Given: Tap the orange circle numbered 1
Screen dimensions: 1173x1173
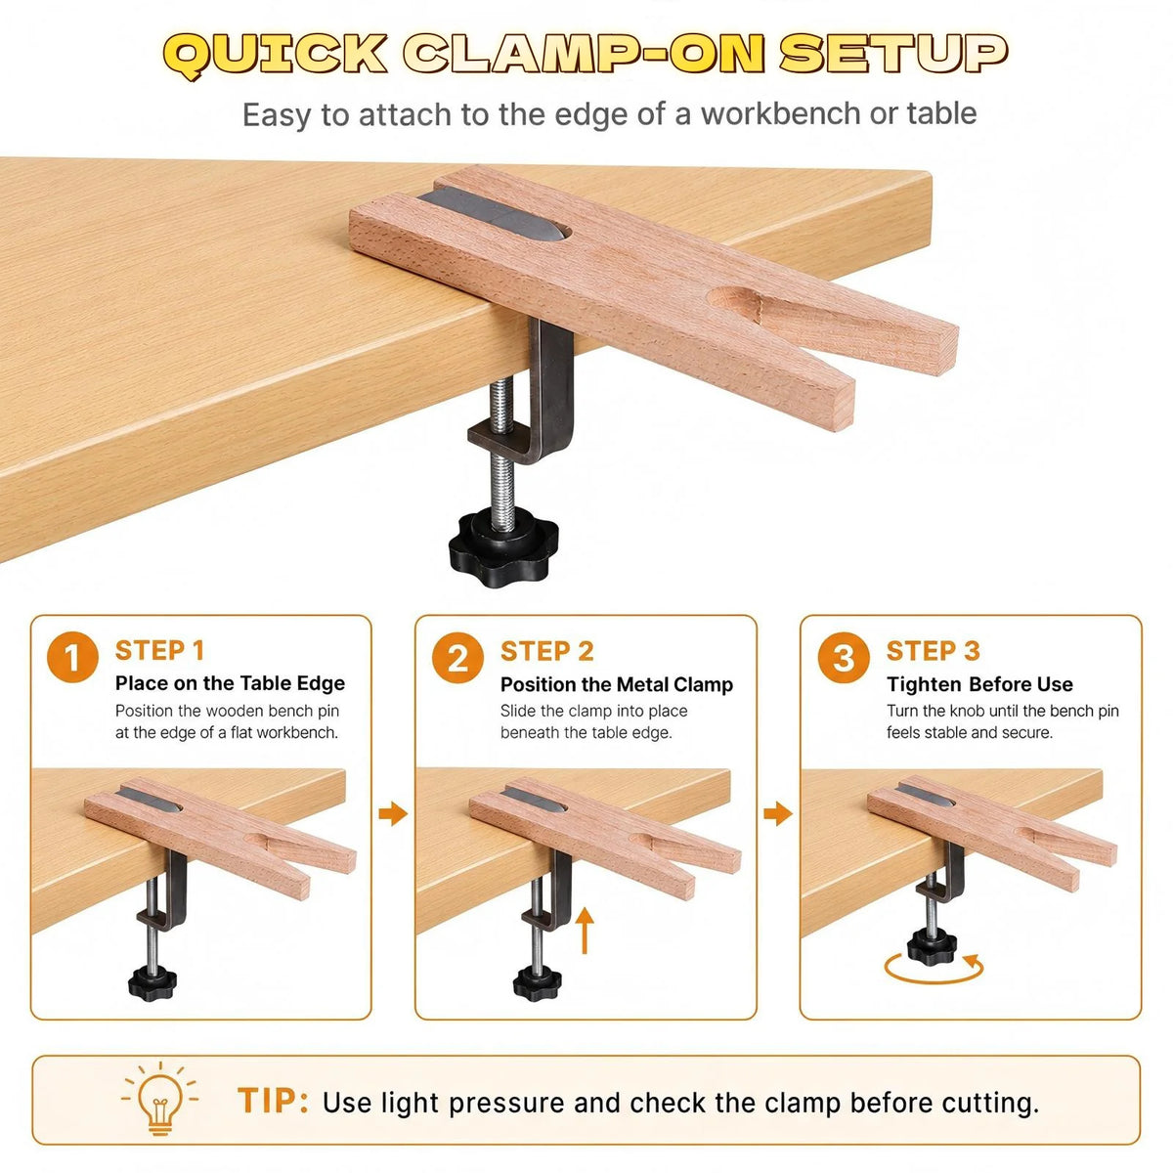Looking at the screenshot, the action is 72,657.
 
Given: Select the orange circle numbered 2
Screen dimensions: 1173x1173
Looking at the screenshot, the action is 457,658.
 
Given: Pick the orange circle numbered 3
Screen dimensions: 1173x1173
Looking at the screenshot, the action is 844,658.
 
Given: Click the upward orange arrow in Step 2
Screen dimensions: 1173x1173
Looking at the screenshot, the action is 585,932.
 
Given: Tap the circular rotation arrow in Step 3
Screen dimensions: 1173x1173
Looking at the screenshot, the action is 934,969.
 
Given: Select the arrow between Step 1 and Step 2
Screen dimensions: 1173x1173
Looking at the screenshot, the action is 393,814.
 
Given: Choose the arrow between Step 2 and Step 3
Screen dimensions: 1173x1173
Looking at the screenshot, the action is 778,814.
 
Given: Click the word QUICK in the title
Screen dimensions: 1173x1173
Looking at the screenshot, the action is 275,55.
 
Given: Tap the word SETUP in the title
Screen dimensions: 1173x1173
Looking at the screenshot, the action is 893,53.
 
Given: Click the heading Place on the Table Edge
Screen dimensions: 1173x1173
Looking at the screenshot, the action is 230,683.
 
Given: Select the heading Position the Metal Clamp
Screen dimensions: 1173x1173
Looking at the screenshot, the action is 617,685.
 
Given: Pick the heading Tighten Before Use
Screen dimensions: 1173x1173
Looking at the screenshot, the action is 979,684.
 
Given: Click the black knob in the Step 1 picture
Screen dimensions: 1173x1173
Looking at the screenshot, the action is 152,981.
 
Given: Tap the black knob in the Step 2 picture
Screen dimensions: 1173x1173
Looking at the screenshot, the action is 537,982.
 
